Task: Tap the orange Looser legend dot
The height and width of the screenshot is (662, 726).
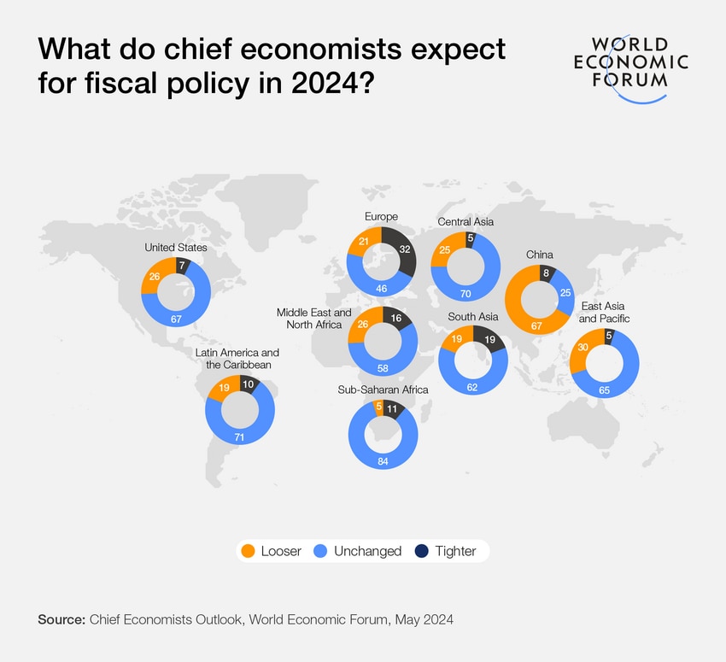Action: coord(249,551)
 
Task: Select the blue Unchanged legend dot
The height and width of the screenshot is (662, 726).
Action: coord(323,551)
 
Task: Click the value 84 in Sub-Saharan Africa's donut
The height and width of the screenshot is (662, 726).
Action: coord(382,462)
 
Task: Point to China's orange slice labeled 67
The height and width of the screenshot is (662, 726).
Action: coord(536,325)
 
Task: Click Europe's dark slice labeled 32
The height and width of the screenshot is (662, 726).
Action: coord(405,250)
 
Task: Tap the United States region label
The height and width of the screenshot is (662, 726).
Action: coord(176,248)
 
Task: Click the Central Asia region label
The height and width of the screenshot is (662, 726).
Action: coord(465,222)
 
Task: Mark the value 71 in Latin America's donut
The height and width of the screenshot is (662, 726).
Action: coord(239,437)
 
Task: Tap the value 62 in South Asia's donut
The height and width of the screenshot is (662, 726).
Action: coord(472,386)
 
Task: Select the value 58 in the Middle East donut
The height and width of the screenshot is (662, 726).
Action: coord(382,367)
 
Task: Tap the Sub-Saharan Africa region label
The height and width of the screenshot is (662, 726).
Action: coord(383,390)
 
